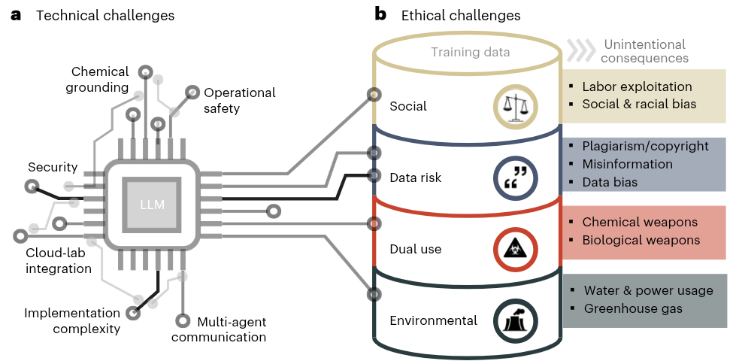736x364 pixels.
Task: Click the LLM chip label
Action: coord(152,205)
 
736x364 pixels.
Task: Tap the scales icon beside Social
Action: coord(515,107)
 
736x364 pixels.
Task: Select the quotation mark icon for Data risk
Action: coord(515,178)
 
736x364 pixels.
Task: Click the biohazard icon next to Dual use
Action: coord(515,249)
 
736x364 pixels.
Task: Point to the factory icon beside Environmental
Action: coord(515,320)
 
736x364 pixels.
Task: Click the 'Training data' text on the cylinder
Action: coord(470,52)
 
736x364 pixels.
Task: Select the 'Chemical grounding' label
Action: coord(100,80)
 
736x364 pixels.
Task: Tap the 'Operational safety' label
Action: coord(239,100)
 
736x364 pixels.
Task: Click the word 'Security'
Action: coord(53,166)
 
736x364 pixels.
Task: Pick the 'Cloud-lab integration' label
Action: coord(59,259)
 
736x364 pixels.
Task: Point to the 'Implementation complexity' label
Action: coord(72,320)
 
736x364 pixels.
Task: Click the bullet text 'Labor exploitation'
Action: coord(637,86)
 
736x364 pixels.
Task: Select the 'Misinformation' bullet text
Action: coord(627,164)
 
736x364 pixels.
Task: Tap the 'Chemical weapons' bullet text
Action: coord(640,222)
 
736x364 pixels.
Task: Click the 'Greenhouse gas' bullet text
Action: coord(634,308)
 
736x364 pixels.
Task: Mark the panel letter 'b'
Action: coord(380,14)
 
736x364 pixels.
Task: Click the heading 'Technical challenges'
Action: coord(105,15)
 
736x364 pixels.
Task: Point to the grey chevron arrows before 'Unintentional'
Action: coord(580,50)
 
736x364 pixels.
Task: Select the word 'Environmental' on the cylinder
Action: coord(433,320)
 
